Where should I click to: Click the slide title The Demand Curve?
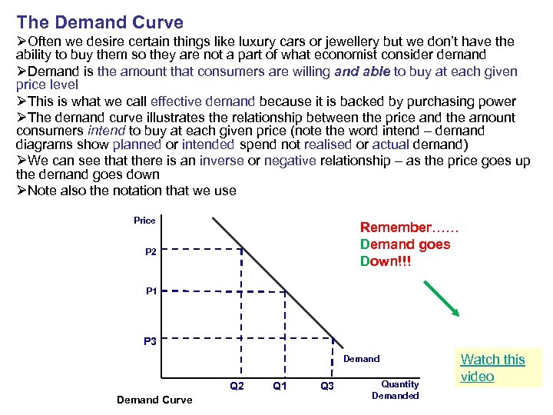(x=100, y=22)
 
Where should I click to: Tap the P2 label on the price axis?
(x=150, y=251)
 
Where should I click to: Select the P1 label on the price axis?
(x=151, y=291)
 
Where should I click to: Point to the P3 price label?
(x=151, y=341)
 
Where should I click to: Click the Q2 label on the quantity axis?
(x=237, y=386)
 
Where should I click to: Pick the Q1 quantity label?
(x=280, y=386)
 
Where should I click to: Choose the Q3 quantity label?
(x=326, y=386)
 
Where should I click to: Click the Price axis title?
(x=144, y=221)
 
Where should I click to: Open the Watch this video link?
(x=492, y=368)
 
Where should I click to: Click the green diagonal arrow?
(x=442, y=298)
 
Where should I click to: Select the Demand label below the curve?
(x=361, y=359)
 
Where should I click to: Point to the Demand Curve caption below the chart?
(x=154, y=400)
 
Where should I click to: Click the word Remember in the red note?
(x=396, y=227)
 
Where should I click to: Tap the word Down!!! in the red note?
(x=386, y=261)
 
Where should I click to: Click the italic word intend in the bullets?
(x=104, y=131)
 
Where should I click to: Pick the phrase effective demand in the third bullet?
(x=203, y=101)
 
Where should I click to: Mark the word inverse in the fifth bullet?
(x=221, y=161)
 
